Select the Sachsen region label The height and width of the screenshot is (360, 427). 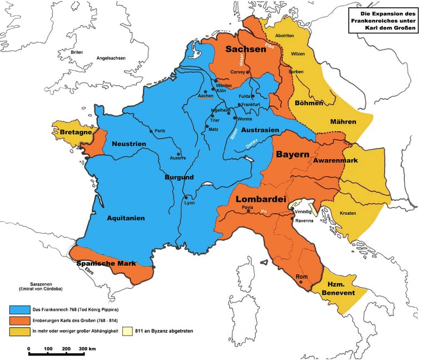pos(245,50)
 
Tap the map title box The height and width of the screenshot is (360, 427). pos(383,20)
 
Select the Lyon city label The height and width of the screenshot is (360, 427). pos(189,203)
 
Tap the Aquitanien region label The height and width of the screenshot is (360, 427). pos(126,218)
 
